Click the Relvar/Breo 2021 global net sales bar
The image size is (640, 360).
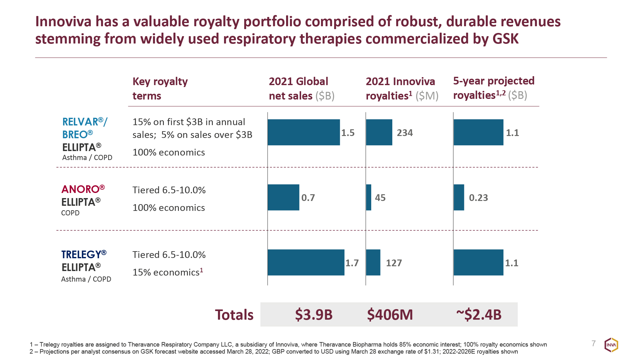[304, 132]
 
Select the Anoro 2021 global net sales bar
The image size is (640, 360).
[283, 197]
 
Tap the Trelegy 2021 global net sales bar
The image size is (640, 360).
[306, 262]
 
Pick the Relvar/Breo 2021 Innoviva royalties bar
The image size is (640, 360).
[379, 132]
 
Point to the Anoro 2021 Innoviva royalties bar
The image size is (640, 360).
[369, 197]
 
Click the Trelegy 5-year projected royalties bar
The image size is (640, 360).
[478, 262]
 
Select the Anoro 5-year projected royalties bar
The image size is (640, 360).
[459, 197]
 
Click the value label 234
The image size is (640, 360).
[405, 133]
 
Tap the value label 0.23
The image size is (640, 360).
[478, 198]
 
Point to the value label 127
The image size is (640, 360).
[394, 263]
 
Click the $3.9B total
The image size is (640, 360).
[314, 315]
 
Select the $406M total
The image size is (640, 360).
[390, 315]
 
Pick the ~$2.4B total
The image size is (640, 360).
[479, 315]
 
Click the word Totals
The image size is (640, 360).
[234, 315]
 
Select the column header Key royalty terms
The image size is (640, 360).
[160, 88]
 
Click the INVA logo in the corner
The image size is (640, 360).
[611, 345]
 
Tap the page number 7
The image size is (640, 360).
[594, 343]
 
